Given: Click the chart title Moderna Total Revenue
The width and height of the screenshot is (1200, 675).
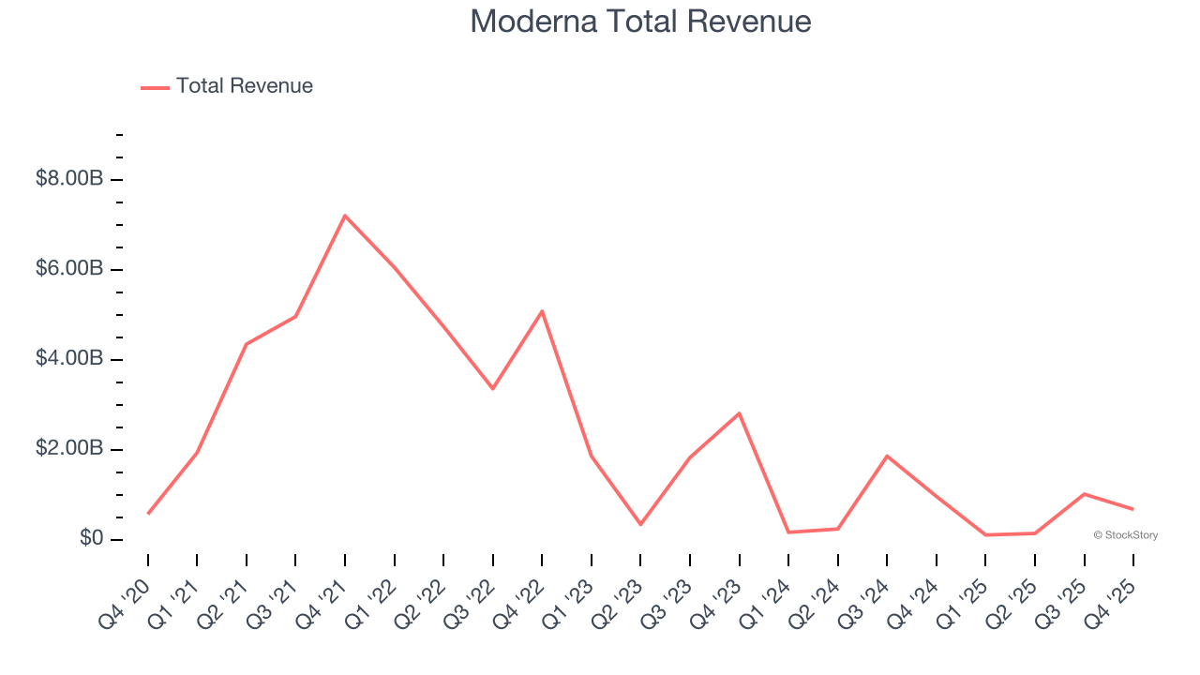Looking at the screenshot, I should click(x=640, y=22).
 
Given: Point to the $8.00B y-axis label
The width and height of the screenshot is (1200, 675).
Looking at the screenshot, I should click(x=69, y=179).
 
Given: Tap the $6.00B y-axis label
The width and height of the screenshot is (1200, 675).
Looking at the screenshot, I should click(x=69, y=269).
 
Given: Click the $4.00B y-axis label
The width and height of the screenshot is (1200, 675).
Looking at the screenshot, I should click(x=69, y=359).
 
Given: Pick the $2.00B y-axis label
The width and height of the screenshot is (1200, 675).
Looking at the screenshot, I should click(x=69, y=449).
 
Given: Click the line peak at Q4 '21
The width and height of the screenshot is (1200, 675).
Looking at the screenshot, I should click(x=345, y=216).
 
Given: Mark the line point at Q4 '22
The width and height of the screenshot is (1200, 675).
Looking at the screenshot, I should click(x=542, y=311).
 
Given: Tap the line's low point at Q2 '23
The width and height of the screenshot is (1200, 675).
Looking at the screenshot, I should click(x=640, y=524).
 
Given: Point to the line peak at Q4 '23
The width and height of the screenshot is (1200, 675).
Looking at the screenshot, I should click(x=740, y=413).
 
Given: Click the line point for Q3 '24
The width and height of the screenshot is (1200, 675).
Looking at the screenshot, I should click(x=887, y=456).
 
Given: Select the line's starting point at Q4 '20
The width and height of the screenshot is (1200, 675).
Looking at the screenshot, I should click(x=148, y=514).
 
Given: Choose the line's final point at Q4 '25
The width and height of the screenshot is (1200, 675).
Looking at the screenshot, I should click(x=1133, y=509).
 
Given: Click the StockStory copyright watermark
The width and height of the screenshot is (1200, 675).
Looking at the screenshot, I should click(x=1125, y=535).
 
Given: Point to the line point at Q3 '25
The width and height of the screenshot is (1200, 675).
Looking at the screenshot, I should click(x=1084, y=494).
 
